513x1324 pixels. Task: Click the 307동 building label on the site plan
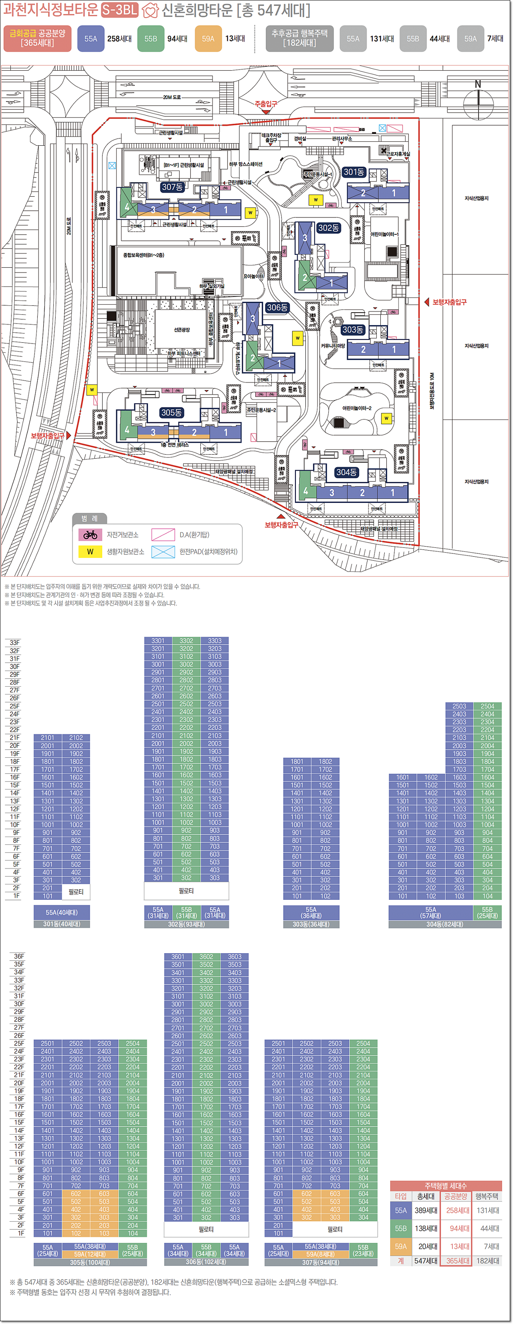coord(172,187)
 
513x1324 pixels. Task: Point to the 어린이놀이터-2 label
coord(356,408)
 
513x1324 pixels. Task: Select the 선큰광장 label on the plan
coord(181,329)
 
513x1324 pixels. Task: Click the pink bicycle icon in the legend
coord(91,535)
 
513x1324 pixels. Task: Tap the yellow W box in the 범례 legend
coord(91,551)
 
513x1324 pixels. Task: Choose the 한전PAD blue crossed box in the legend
coord(163,551)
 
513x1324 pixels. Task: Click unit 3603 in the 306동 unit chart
coord(235,956)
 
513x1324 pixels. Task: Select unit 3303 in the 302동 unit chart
coord(215,641)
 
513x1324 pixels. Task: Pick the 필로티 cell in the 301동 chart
coord(76,892)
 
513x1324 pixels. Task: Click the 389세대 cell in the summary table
coord(426,1210)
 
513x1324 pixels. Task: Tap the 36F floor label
coord(18,956)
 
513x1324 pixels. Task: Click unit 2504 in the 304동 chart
coord(487,706)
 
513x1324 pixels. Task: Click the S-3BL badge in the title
coord(120,10)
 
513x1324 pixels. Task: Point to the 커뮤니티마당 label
coord(333,346)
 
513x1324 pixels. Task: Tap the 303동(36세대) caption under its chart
coord(311,924)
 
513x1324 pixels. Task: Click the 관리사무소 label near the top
coord(342,139)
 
